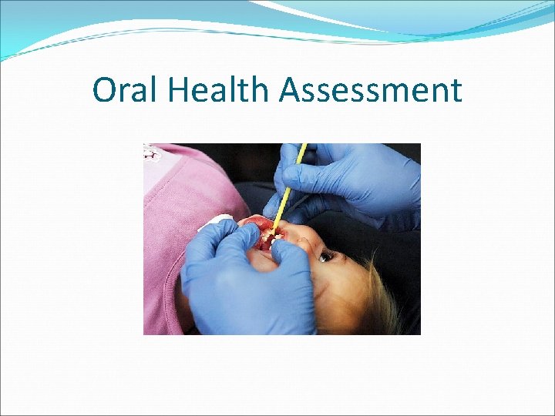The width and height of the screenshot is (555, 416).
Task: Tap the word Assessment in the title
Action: coord(371,90)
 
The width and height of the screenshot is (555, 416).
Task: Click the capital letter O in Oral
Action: coord(104,90)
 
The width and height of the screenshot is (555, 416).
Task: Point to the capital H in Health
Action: coord(174,90)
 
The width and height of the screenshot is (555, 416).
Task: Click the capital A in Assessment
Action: coord(291,90)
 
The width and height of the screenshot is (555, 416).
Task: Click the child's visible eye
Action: coord(326,255)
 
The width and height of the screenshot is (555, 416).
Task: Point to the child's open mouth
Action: coord(266,235)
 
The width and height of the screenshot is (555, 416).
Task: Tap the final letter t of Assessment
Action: coord(456,91)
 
